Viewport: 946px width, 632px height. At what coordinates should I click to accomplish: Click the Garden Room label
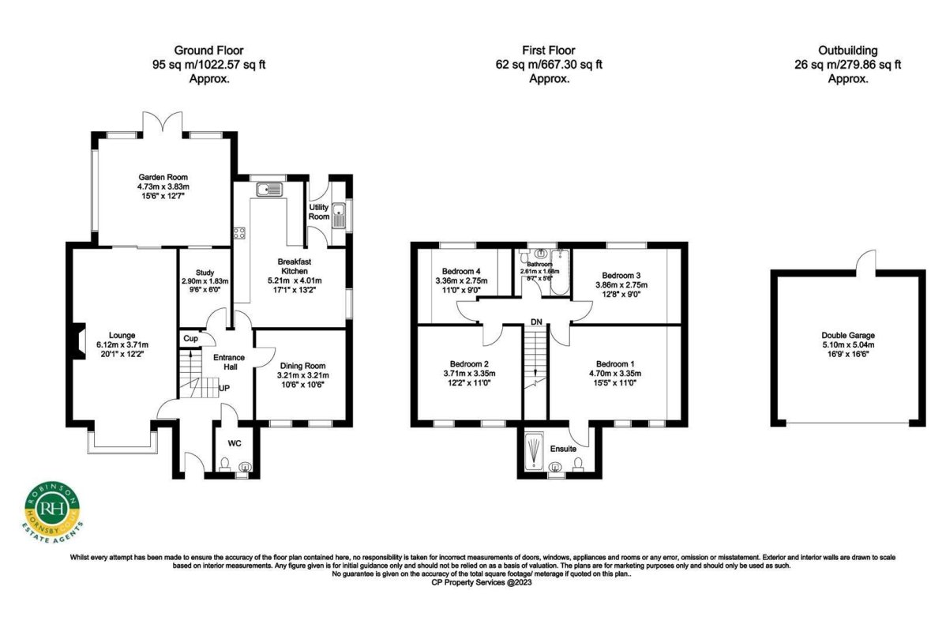pos(163,177)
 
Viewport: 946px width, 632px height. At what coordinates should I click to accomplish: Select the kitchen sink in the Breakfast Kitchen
pos(269,189)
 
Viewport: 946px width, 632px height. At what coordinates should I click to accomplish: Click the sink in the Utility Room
pos(340,214)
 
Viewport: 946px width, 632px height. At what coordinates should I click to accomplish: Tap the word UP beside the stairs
pos(224,389)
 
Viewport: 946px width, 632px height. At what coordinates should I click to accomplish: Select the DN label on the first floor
pos(536,322)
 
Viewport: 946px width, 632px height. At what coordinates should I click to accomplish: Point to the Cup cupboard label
pos(190,338)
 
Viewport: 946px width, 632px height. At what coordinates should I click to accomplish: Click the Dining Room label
pos(303,366)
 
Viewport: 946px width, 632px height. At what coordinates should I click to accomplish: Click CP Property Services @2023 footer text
pos(473,582)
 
